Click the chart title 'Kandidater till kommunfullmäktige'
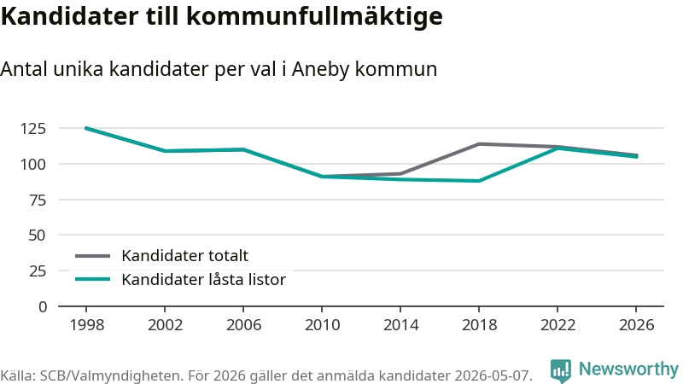[222, 16]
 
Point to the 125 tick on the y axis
[32, 129]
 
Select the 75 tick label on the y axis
[37, 200]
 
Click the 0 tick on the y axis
[42, 307]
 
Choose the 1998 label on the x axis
[87, 325]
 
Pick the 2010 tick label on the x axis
[323, 325]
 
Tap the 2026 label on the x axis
[636, 325]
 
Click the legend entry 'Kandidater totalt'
[184, 255]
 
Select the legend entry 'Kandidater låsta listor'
[203, 280]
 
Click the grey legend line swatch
[92, 256]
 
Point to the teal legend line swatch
[92, 279]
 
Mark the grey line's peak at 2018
[479, 143]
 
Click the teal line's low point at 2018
[479, 181]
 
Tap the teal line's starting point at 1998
[86, 128]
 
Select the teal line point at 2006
[243, 149]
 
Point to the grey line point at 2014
[400, 174]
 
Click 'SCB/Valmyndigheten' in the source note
[110, 375]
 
